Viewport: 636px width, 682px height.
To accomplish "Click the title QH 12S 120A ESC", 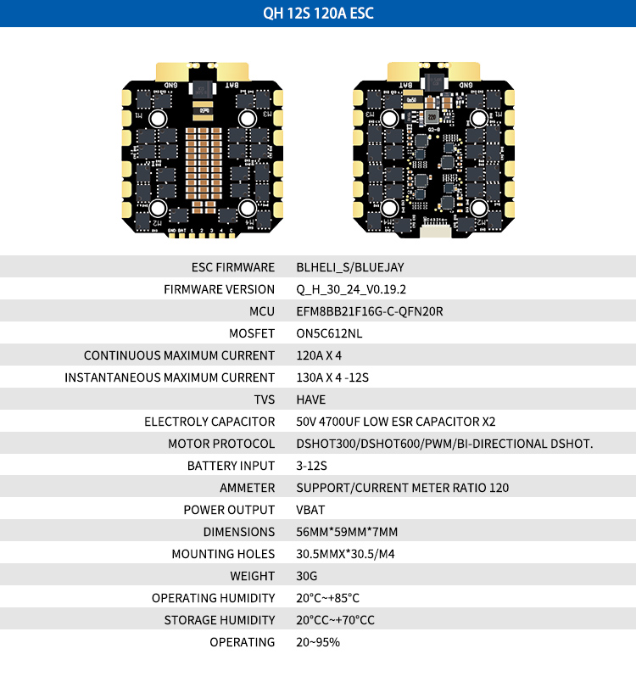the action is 318,14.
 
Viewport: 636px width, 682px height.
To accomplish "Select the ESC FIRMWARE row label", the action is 233,267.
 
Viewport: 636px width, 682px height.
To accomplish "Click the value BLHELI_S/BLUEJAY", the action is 350,267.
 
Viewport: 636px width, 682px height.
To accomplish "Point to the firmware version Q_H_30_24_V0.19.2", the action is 351,289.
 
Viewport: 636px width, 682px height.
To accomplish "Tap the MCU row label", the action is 262,311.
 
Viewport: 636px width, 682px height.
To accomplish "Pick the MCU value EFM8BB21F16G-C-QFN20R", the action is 370,311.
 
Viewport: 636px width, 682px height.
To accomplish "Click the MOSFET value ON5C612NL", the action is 329,333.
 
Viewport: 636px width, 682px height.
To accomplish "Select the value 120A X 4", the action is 319,355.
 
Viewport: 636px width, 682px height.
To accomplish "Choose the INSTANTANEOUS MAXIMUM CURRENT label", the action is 170,377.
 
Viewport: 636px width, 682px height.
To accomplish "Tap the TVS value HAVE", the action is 311,400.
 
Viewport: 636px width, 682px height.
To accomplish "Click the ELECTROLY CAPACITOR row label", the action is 209,422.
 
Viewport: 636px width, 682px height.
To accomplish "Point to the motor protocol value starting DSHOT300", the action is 444,444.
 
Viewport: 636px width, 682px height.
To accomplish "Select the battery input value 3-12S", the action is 311,466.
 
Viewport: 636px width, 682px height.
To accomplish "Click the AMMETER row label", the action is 247,488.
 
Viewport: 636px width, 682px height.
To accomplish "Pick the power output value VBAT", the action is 310,510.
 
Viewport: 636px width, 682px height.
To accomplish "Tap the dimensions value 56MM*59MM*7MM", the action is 347,532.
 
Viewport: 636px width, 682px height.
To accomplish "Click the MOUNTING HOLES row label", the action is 223,554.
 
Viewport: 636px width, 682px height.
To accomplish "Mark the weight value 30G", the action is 306,576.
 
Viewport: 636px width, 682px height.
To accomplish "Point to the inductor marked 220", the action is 432,116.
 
